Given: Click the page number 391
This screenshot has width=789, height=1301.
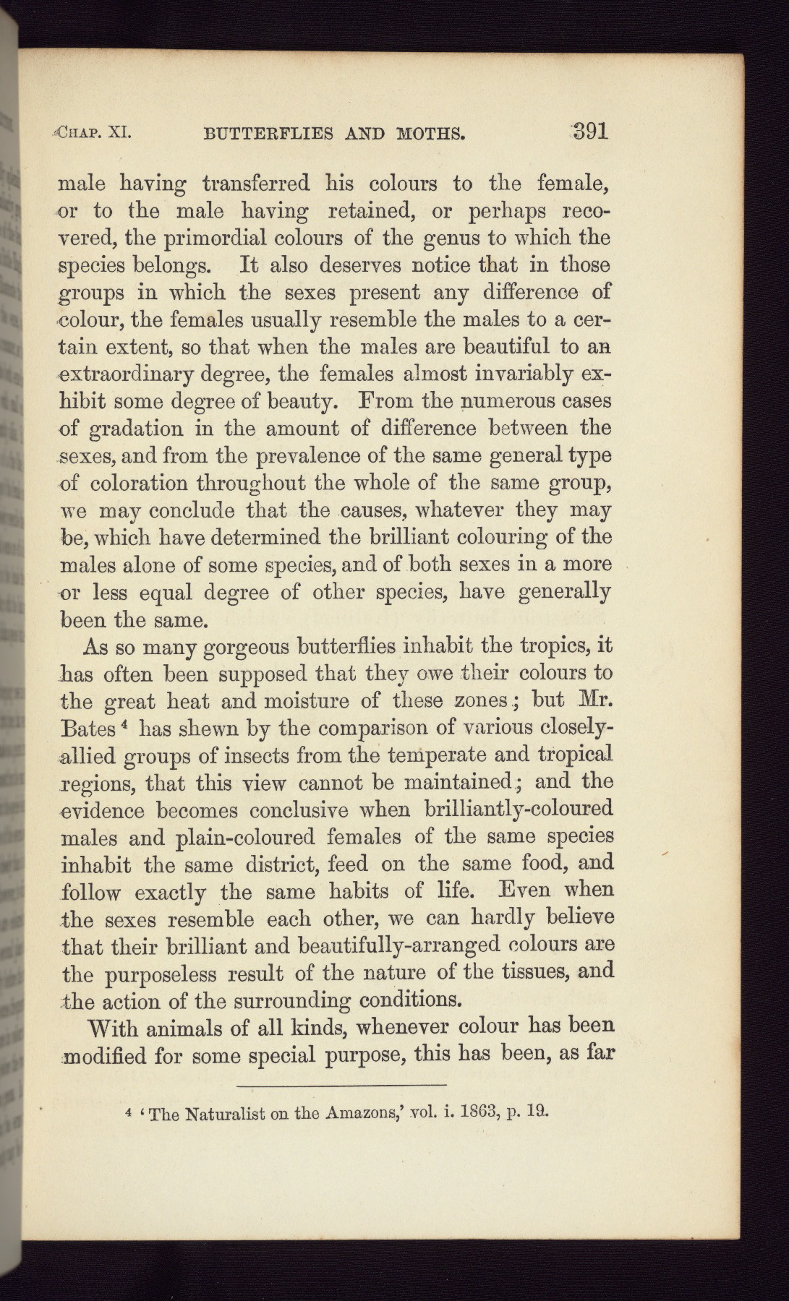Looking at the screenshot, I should (584, 131).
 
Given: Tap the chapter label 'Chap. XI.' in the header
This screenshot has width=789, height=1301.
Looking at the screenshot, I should (93, 133).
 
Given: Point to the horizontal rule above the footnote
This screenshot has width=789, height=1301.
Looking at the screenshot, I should (341, 1086).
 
